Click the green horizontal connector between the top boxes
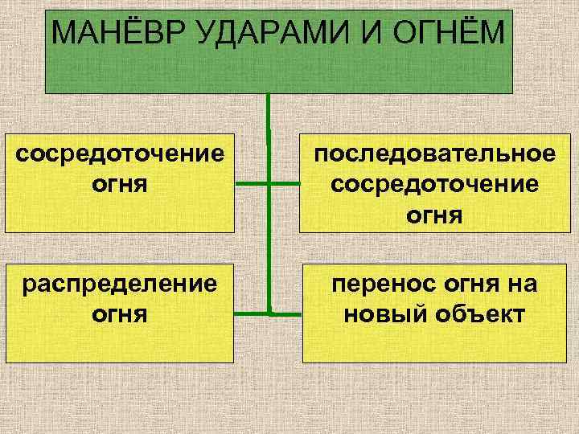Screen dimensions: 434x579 [x=268, y=183]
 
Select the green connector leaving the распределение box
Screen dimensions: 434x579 [x=253, y=312]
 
